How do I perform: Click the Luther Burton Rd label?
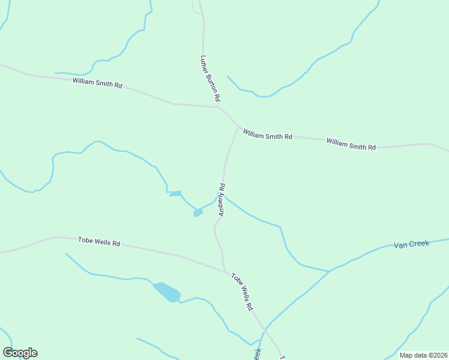tap(211, 78)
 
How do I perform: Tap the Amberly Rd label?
tap(221, 199)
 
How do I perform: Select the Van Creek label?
tap(411, 244)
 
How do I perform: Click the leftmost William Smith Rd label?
tap(97, 83)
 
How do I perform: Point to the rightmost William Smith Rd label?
tap(351, 143)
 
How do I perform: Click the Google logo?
tap(20, 353)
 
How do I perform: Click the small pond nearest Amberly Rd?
tap(197, 212)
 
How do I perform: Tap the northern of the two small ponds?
tap(175, 193)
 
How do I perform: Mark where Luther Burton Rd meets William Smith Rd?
tap(218, 107)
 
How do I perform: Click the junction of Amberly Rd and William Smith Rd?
tap(238, 126)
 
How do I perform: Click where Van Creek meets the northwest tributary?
tap(328, 271)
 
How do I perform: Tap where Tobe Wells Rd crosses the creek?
tap(264, 329)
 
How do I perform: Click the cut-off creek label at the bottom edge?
tap(258, 354)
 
